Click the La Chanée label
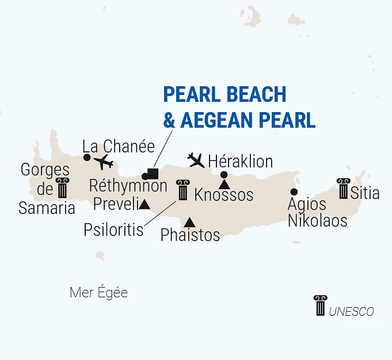(119, 147)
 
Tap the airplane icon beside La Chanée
(104, 162)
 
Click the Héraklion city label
(240, 160)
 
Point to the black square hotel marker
(153, 172)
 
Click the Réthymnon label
(128, 186)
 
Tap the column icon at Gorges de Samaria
(62, 188)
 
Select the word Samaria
(47, 208)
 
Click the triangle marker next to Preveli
(144, 204)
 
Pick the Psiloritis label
(113, 230)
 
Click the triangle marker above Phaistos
(189, 222)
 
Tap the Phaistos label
(191, 235)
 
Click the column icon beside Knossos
(183, 190)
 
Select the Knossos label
(224, 195)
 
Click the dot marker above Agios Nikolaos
(294, 192)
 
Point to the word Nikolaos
(318, 220)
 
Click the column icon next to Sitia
(344, 189)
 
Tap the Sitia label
(365, 193)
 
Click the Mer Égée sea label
(98, 293)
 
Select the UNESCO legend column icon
(319, 305)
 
